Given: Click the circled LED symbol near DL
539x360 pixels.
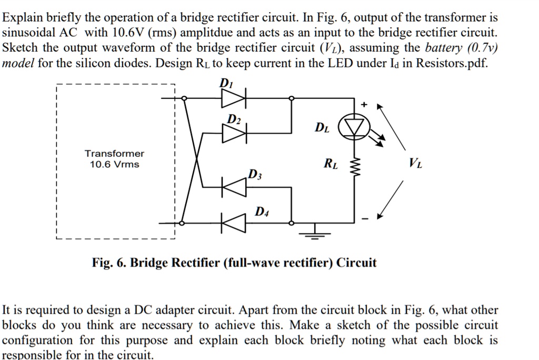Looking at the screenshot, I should click(x=354, y=127).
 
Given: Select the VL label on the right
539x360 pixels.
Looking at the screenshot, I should click(x=415, y=164).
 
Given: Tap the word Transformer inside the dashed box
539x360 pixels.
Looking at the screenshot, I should click(x=114, y=153).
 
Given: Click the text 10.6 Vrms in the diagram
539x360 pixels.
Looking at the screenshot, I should click(x=114, y=164).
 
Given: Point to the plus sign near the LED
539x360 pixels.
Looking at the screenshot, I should click(x=363, y=105).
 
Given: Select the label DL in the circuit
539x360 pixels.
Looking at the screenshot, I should click(x=322, y=127).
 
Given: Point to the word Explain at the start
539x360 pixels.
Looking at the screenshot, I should click(x=20, y=17).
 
